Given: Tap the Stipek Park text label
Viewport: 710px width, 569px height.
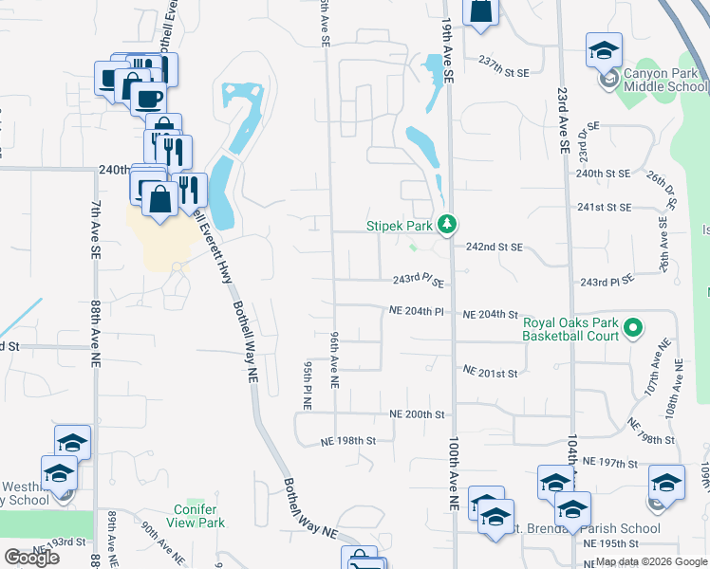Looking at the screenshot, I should (x=400, y=227).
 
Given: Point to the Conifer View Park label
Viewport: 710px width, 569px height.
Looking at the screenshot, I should (x=199, y=516).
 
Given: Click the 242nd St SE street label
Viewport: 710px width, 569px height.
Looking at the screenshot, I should (x=495, y=247).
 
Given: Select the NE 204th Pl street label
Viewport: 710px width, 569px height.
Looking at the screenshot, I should (x=416, y=311).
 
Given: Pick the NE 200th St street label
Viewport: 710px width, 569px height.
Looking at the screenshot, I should (x=417, y=414).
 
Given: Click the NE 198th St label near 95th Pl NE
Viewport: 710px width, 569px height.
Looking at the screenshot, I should (x=348, y=441).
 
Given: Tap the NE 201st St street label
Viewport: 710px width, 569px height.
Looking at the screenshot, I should (x=490, y=373).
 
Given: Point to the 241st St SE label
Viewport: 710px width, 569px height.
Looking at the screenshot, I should (x=604, y=207).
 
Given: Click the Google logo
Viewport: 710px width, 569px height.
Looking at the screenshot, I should (x=31, y=558).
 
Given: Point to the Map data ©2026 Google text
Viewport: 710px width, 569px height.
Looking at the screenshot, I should (x=650, y=561).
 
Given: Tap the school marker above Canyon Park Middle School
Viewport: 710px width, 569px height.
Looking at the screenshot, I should (x=604, y=52).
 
